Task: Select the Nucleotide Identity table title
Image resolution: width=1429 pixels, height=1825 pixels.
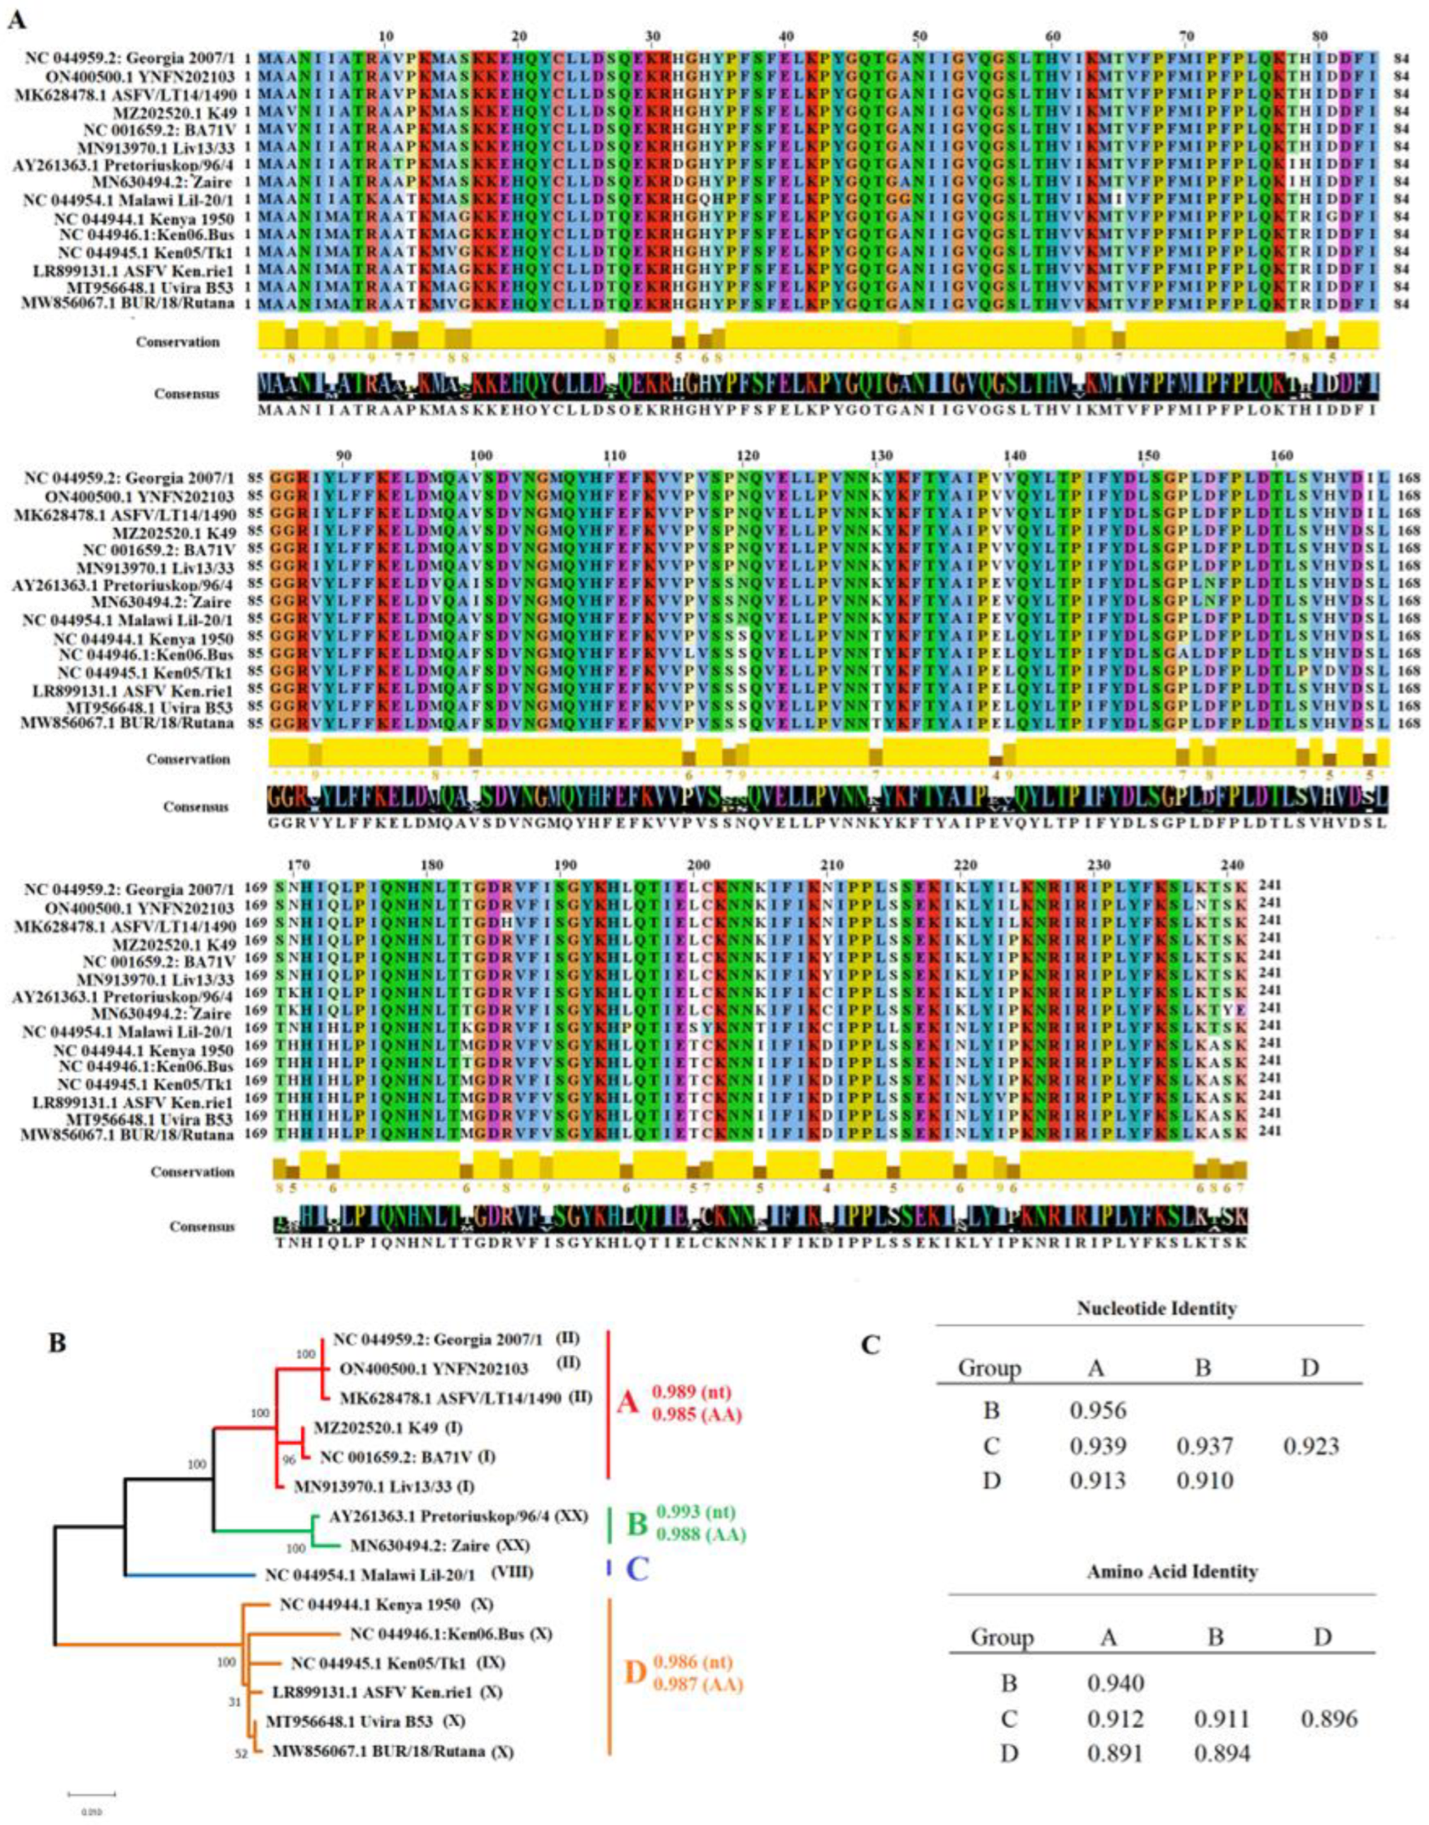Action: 1150,1308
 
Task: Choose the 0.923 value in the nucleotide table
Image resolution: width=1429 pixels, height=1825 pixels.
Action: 1310,1446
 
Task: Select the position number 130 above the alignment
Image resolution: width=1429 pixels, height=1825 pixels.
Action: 881,455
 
